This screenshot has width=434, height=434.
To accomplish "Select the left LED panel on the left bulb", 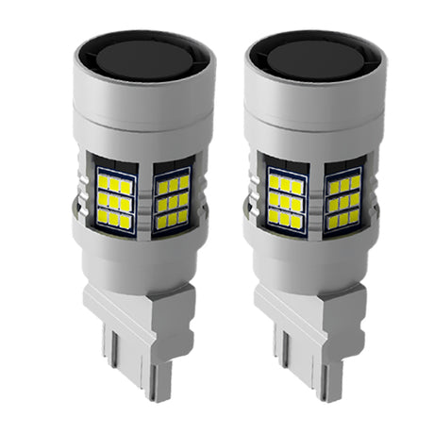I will pos(113,193).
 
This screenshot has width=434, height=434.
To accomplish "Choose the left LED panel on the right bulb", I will pos(285,193).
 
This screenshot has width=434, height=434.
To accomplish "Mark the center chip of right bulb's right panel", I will pos(343,200).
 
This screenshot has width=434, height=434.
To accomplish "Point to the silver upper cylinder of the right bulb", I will pos(316,113).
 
